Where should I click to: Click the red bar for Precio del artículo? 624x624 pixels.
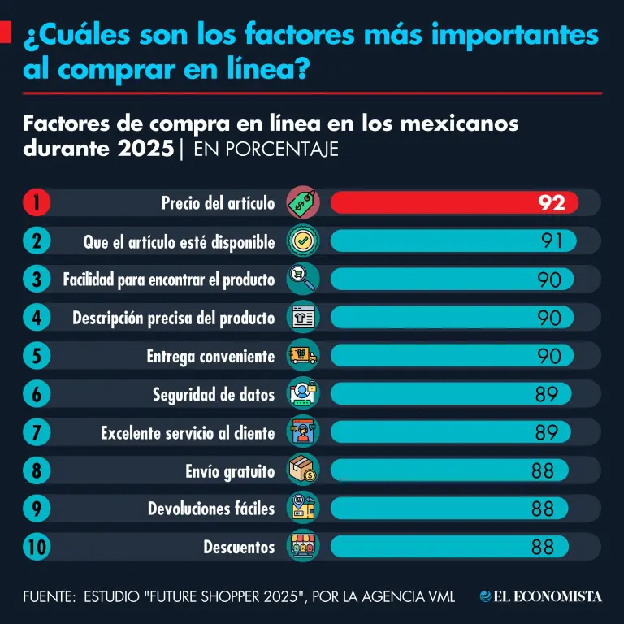453,202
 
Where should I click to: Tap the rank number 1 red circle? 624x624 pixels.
37,202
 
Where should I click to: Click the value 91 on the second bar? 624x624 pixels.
552,240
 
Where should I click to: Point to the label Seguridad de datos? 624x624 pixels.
214,395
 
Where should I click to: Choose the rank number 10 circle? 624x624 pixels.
37,547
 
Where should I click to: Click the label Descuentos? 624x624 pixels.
239,547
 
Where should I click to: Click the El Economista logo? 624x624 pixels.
540,596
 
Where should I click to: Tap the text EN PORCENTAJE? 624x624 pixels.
266,150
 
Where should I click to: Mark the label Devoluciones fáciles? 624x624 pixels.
211,509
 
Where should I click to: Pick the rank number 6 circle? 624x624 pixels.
37,395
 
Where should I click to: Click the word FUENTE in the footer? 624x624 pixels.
47,597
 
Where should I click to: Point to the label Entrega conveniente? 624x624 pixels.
210,356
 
